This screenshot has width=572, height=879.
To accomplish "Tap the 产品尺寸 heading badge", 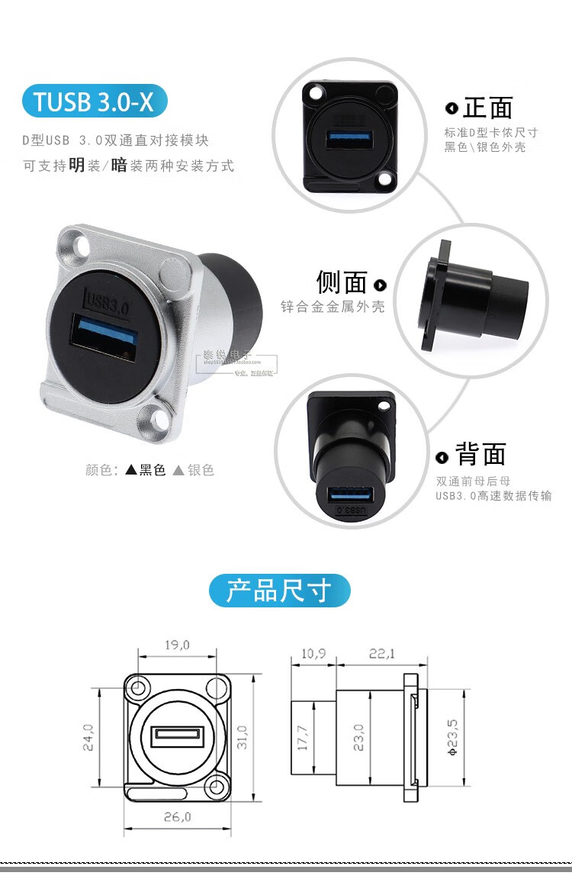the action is coord(279,591).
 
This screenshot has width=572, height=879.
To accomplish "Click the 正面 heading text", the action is coord(487,108).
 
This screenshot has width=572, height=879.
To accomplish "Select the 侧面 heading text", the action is coord(342,282).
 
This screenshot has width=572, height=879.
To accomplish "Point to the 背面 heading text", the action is coord(480,455).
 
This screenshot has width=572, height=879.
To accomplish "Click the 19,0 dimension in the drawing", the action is coord(176,645).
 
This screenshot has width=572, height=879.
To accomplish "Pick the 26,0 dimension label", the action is coord(176,816).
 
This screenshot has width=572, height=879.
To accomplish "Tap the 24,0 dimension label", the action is coord(88,738).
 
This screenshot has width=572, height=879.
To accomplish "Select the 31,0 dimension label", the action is coord(243,738).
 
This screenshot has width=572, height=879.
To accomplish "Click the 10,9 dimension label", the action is coord(313,653).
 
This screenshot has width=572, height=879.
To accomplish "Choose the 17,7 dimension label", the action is coord(303,738).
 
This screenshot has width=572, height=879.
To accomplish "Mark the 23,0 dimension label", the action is coord(358,738).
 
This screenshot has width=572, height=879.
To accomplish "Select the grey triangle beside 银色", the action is coord(178,471).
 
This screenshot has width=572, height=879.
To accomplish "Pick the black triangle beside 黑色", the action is coord(130,471).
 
